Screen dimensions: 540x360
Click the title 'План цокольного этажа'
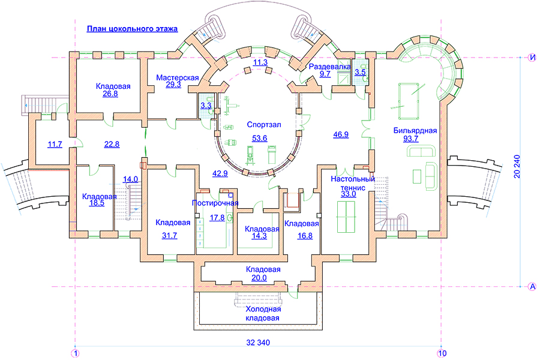(132, 29)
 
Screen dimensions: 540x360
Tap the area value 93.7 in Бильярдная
(411, 139)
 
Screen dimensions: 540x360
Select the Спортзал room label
(264, 125)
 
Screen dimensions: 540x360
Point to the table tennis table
(346, 217)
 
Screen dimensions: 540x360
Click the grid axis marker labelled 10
(442, 353)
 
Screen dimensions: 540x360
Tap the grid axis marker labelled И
(532, 57)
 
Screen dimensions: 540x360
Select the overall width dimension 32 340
(258, 343)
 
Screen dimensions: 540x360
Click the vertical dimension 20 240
(517, 166)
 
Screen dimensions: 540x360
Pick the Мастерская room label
(178, 77)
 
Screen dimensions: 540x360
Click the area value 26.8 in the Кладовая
(110, 94)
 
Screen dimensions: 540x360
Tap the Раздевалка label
(329, 67)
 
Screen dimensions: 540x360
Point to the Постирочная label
(215, 203)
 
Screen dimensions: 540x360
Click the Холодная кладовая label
(263, 313)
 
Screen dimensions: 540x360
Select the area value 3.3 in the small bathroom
(206, 106)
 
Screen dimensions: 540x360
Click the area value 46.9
(341, 134)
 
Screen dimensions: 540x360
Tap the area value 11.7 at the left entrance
(55, 145)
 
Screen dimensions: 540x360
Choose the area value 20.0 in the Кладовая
(259, 278)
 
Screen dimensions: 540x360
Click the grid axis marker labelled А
(532, 286)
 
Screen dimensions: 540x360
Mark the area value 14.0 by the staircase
(131, 179)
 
